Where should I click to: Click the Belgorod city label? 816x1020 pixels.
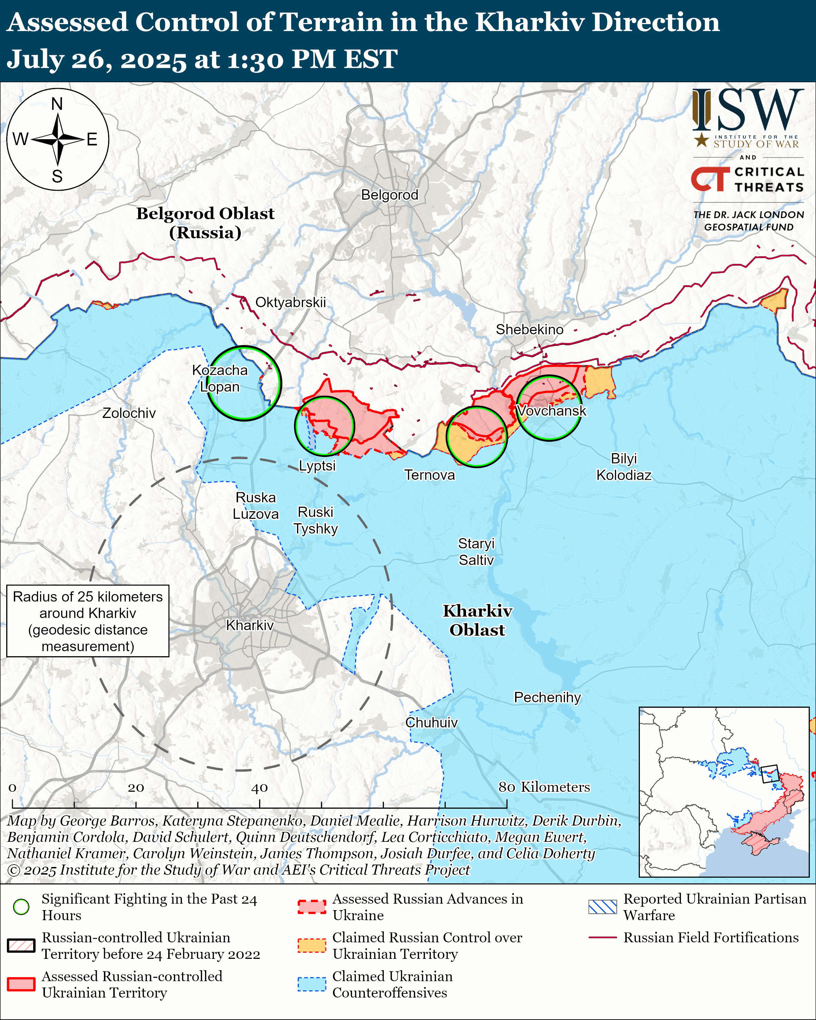(x=389, y=195)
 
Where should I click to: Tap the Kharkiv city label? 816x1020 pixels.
(x=250, y=626)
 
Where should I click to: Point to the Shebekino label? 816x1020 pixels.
(x=529, y=330)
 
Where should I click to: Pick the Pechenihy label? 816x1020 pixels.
(x=547, y=697)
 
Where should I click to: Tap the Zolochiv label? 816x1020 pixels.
(x=129, y=413)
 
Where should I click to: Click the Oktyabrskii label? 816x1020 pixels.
(x=291, y=302)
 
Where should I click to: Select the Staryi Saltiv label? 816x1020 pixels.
(x=476, y=552)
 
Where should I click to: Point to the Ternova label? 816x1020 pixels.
(x=429, y=475)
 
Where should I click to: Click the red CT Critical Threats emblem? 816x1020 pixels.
(x=710, y=179)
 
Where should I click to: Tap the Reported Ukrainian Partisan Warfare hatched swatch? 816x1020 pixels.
(x=602, y=907)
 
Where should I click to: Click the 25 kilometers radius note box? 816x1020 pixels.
(x=87, y=621)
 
